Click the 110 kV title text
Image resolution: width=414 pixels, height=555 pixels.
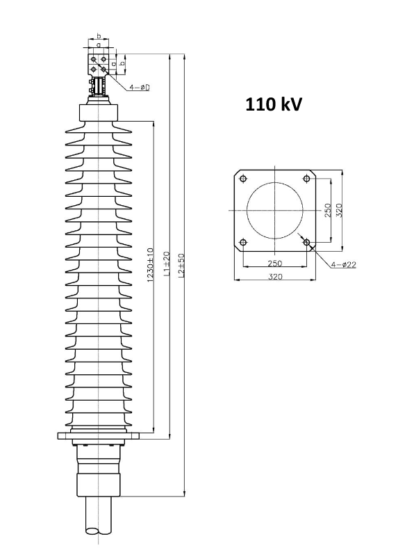pyautogui.click(x=274, y=104)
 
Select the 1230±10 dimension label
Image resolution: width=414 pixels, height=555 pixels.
pyautogui.click(x=150, y=265)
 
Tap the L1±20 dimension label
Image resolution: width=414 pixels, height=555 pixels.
pyautogui.click(x=167, y=264)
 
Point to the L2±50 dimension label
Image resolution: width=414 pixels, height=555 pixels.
pyautogui.click(x=181, y=265)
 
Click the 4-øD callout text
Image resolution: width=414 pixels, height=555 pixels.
pyautogui.click(x=140, y=87)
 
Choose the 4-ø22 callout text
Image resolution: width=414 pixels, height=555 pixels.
pyautogui.click(x=344, y=264)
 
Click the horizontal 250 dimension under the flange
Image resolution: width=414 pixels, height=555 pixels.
pyautogui.click(x=274, y=263)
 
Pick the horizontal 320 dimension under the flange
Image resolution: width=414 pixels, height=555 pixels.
pyautogui.click(x=274, y=276)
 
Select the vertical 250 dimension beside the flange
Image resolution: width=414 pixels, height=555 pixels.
pyautogui.click(x=327, y=211)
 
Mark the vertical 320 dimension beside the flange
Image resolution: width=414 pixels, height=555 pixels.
pyautogui.click(x=338, y=211)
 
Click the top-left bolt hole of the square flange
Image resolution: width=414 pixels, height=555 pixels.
pyautogui.click(x=243, y=179)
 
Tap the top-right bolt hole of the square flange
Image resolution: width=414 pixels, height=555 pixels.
pyautogui.click(x=306, y=179)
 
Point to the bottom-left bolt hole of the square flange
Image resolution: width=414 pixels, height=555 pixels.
pyautogui.click(x=243, y=243)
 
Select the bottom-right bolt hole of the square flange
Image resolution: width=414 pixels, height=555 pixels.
pyautogui.click(x=306, y=243)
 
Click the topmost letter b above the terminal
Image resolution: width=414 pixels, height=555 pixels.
pyautogui.click(x=99, y=35)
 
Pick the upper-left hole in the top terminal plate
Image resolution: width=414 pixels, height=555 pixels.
pyautogui.click(x=93, y=58)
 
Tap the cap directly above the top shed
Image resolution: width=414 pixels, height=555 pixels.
pyautogui.click(x=98, y=113)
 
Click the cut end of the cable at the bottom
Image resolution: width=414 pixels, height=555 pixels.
pyautogui.click(x=98, y=531)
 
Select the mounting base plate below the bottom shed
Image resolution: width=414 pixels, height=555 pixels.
pyautogui.click(x=98, y=435)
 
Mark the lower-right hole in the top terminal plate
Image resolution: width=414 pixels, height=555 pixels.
pyautogui.click(x=104, y=69)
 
